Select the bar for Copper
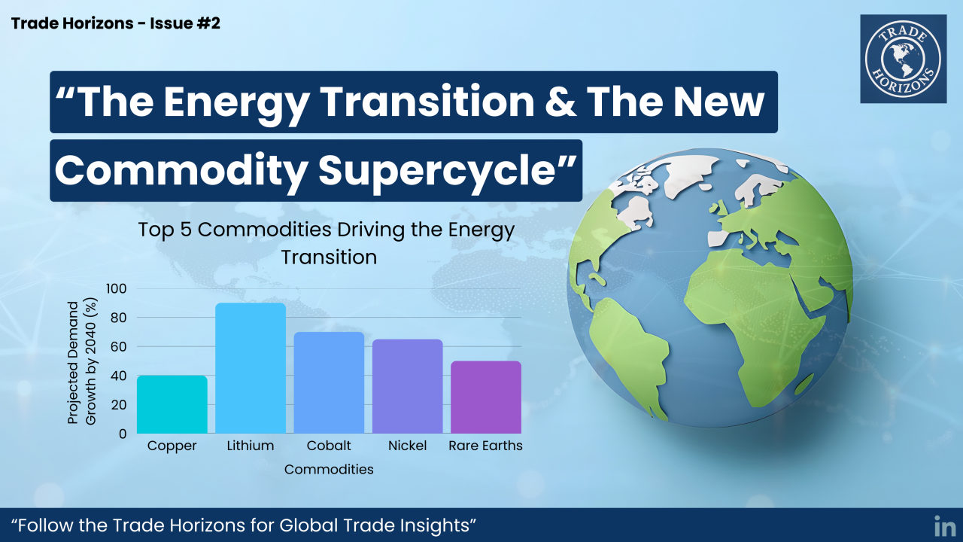tap(172, 404)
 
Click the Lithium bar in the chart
tap(251, 368)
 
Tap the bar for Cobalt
tap(329, 383)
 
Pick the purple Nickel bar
tap(408, 386)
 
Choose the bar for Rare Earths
tap(486, 397)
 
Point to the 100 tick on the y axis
tap(117, 288)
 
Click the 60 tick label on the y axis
tap(118, 347)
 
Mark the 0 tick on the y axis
tap(123, 434)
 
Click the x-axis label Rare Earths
tap(486, 446)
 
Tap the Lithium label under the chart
tap(251, 446)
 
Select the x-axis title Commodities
tap(329, 469)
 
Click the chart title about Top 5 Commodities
tap(327, 243)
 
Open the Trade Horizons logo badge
tap(904, 59)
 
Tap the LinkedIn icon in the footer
tap(944, 526)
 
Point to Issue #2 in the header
tap(185, 23)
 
